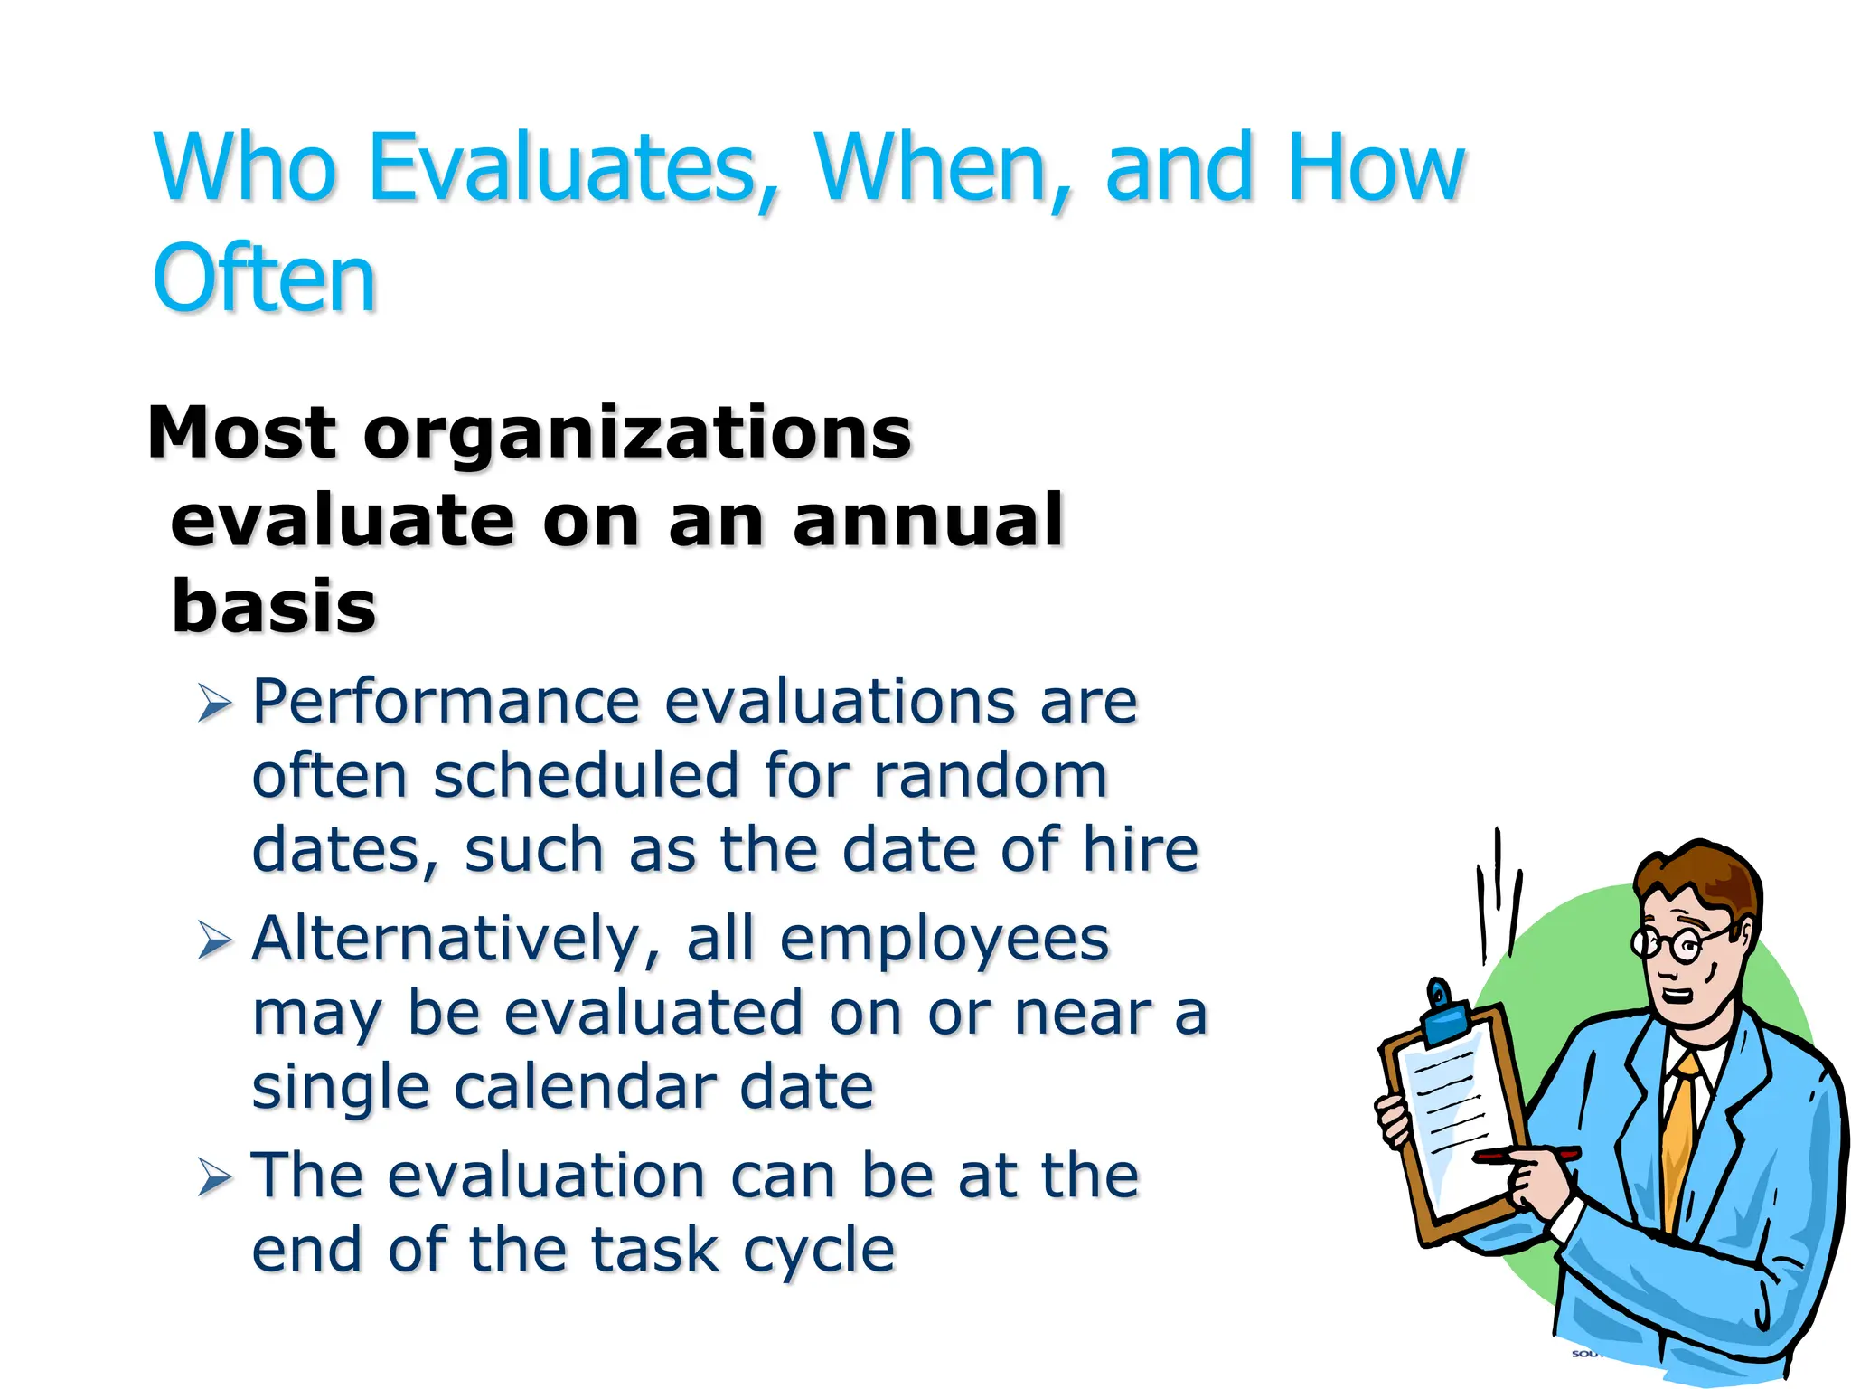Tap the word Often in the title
(264, 279)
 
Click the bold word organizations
(637, 434)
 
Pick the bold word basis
(274, 607)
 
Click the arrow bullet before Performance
(215, 704)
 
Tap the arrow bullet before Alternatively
(215, 940)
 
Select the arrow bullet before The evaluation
(215, 1177)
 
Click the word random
(990, 776)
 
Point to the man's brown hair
(1699, 873)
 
